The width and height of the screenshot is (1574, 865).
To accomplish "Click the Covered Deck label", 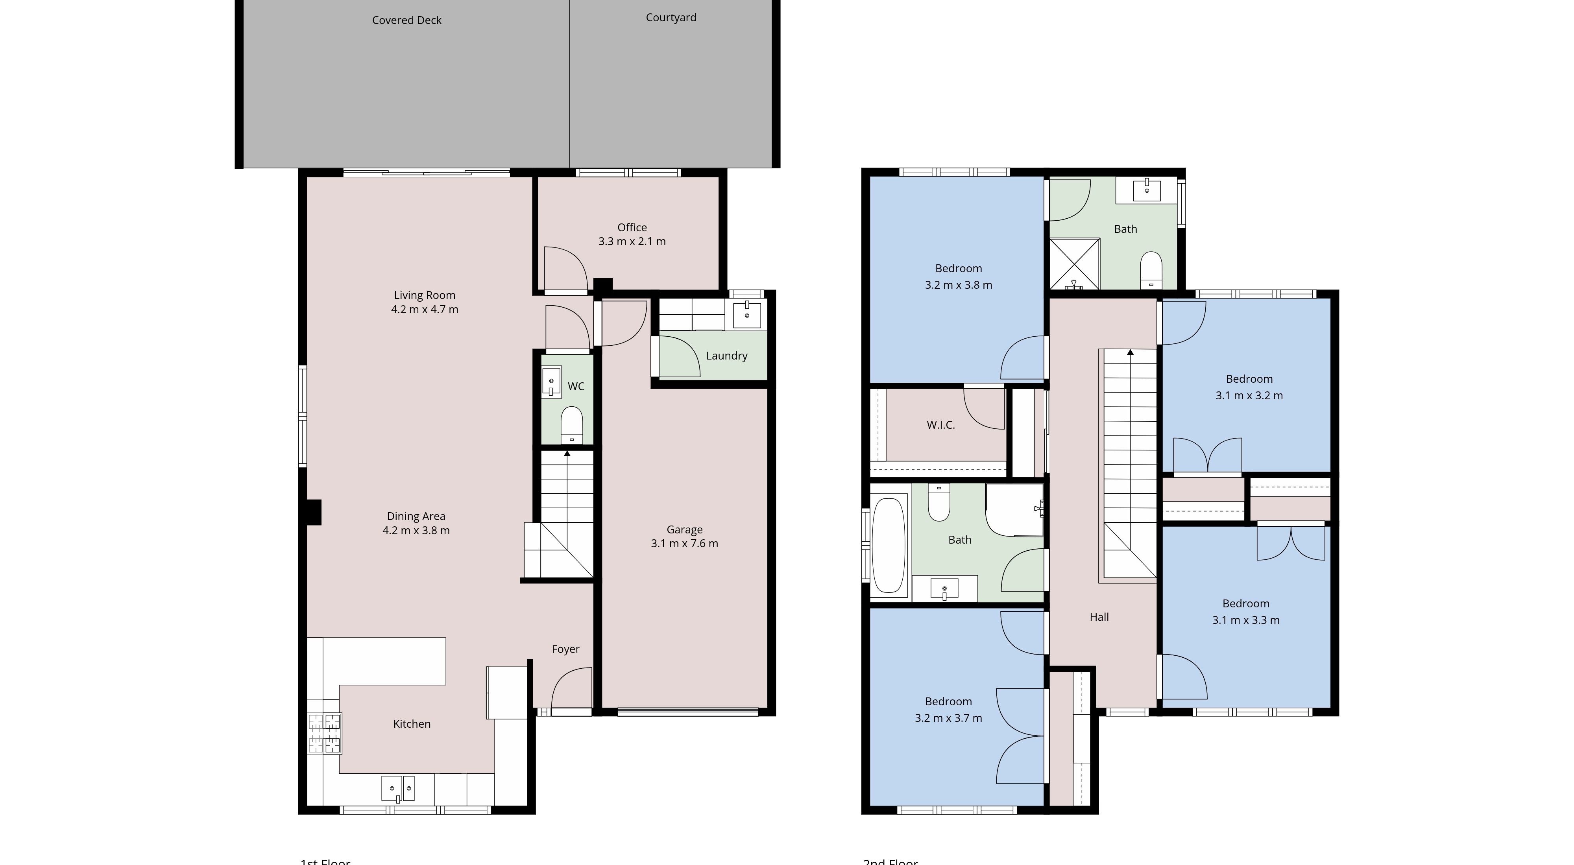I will pos(406,20).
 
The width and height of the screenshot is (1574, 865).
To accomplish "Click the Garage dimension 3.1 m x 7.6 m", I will pos(684,544).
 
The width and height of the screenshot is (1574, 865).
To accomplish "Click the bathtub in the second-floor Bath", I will pos(889,546).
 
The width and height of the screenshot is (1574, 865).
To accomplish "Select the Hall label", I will pos(1099,617).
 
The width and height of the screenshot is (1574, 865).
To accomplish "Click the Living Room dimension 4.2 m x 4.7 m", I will pos(424,310).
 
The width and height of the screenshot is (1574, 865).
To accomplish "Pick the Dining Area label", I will pos(416,516).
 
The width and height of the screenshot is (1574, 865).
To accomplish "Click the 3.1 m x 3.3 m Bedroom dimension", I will pos(1245,620).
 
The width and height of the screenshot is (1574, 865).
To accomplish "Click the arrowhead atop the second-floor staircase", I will pos(1130,352).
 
